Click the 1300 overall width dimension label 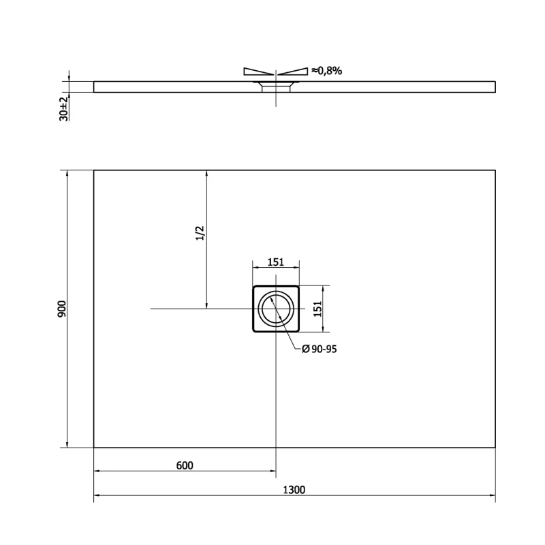[294, 490]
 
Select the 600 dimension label [185, 465]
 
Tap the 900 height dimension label [61, 309]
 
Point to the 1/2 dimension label [200, 233]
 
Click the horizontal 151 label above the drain [276, 262]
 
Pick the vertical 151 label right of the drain [317, 309]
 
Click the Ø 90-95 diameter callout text [320, 349]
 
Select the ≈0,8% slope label [327, 71]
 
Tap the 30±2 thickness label [63, 109]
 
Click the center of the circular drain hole [276, 309]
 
